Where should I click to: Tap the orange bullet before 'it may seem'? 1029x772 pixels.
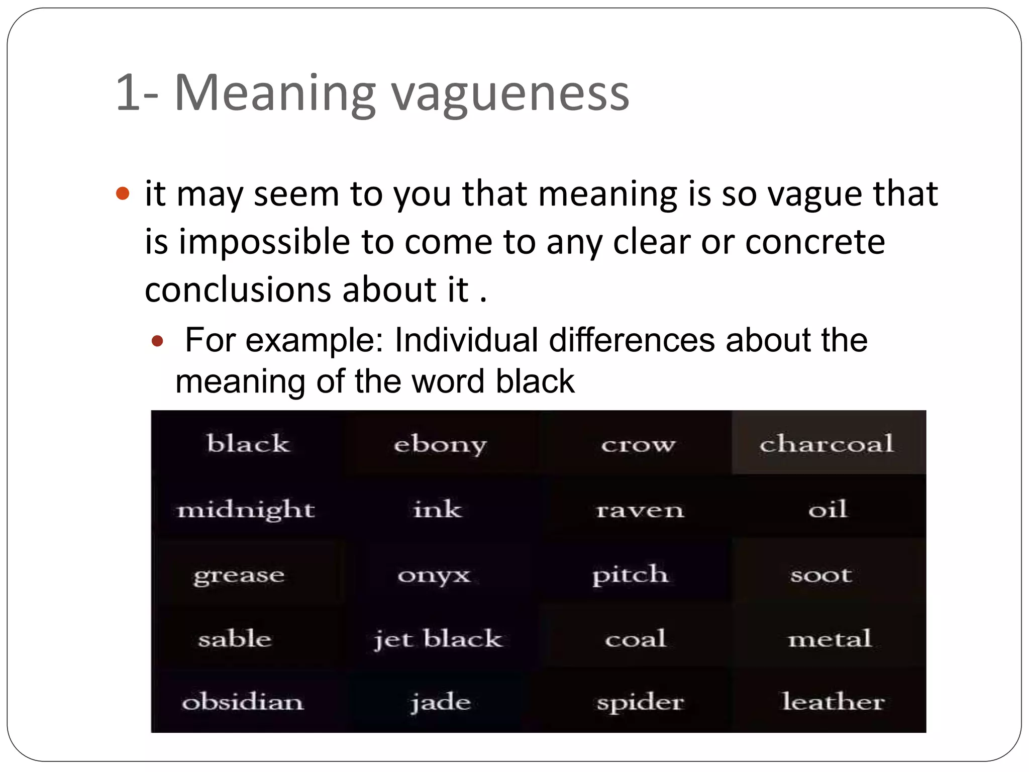(x=123, y=194)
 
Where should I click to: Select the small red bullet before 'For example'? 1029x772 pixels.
(x=157, y=342)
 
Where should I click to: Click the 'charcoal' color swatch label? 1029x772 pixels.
(x=827, y=444)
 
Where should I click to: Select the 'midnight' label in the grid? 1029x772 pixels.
(x=246, y=510)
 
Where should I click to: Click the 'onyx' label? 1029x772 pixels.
(x=434, y=575)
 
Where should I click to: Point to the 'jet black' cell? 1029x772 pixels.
(x=438, y=639)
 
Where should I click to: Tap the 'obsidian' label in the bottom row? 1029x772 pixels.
(x=243, y=702)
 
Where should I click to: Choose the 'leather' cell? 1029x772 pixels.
(x=833, y=702)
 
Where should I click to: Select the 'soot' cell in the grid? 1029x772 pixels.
(x=821, y=575)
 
